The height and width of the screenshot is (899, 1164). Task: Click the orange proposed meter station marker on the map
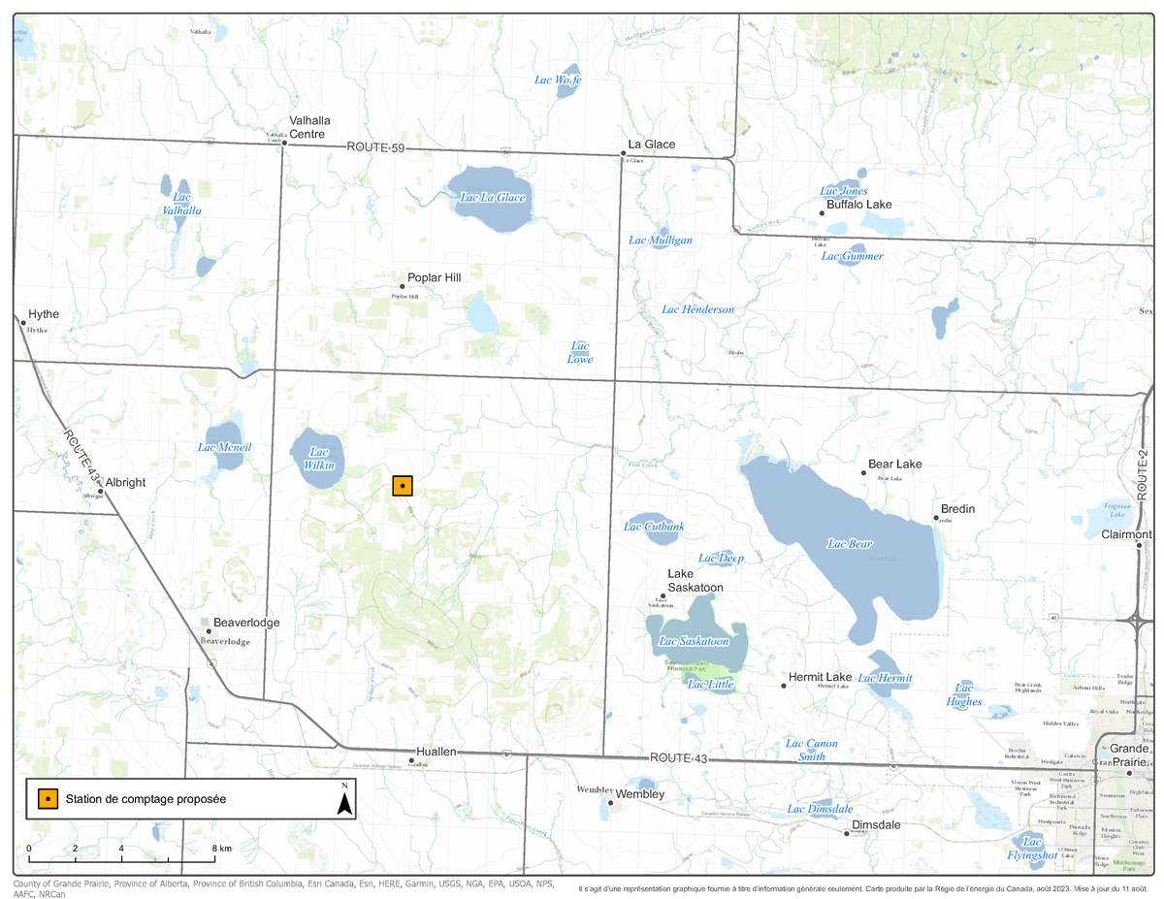coord(403,486)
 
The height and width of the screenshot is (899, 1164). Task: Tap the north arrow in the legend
coord(343,800)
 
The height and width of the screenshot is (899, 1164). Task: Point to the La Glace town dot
coord(623,153)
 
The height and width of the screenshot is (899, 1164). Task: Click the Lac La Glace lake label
coord(492,198)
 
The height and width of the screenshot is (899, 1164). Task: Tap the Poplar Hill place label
coord(434,277)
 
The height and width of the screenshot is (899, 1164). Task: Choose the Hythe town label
coord(44,314)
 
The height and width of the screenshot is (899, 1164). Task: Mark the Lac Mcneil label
coord(224,447)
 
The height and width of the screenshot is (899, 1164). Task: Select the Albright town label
coord(125,482)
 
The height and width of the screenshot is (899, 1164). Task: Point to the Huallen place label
coord(436,752)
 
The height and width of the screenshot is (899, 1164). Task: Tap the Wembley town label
coord(639,794)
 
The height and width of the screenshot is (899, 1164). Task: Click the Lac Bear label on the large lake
coord(850,544)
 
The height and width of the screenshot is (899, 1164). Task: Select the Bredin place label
coord(957,508)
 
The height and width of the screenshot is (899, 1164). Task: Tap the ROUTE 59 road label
coord(375,147)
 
